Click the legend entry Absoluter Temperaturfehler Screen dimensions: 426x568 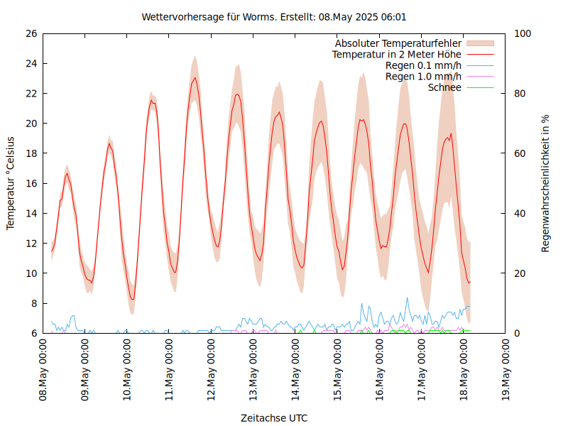pyautogui.click(x=398, y=43)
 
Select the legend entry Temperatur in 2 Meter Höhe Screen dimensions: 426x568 pyautogui.click(x=397, y=54)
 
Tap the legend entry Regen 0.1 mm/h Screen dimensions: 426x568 pyautogui.click(x=423, y=65)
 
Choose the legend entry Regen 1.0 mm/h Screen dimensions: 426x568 pyautogui.click(x=423, y=77)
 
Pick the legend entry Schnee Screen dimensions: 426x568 pyautogui.click(x=445, y=87)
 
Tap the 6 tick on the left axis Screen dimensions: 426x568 pyautogui.click(x=33, y=333)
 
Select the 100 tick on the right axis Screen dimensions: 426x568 pyautogui.click(x=523, y=33)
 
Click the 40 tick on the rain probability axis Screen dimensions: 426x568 pyautogui.click(x=520, y=213)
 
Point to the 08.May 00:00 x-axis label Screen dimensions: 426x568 pyautogui.click(x=43, y=370)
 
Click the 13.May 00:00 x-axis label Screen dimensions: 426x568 pyautogui.click(x=254, y=370)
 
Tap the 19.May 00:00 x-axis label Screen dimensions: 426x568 pyautogui.click(x=507, y=370)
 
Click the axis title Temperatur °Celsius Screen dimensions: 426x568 pyautogui.click(x=11, y=183)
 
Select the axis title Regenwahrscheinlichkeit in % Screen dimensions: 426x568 pyautogui.click(x=546, y=183)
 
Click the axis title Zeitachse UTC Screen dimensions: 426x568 pyautogui.click(x=274, y=418)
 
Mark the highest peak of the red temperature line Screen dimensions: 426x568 pyautogui.click(x=195, y=77)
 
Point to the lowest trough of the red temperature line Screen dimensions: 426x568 pyautogui.click(x=132, y=299)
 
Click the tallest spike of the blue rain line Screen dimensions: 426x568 pyautogui.click(x=407, y=297)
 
